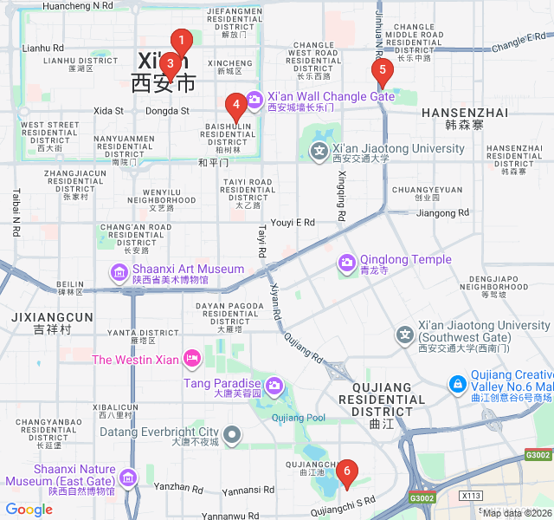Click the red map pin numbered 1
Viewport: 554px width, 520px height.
pyautogui.click(x=181, y=41)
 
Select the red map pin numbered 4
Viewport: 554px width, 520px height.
pyautogui.click(x=235, y=106)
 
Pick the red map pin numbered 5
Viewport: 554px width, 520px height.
pyautogui.click(x=382, y=71)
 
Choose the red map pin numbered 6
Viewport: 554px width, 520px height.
pyautogui.click(x=347, y=473)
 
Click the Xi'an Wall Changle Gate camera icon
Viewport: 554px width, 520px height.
pyautogui.click(x=254, y=100)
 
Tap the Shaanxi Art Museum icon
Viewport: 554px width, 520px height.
pyautogui.click(x=119, y=273)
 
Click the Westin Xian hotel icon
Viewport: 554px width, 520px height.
pyautogui.click(x=192, y=358)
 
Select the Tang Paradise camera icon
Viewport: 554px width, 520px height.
pyautogui.click(x=274, y=385)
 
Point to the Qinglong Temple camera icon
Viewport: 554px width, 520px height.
pyautogui.click(x=347, y=261)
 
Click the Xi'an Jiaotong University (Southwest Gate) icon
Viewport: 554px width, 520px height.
pyautogui.click(x=405, y=334)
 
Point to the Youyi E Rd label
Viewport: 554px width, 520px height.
pyautogui.click(x=293, y=223)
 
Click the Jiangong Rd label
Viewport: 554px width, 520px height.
pyautogui.click(x=442, y=212)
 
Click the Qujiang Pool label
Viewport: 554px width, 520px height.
pyautogui.click(x=299, y=418)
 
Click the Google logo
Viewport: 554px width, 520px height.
pyautogui.click(x=29, y=510)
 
